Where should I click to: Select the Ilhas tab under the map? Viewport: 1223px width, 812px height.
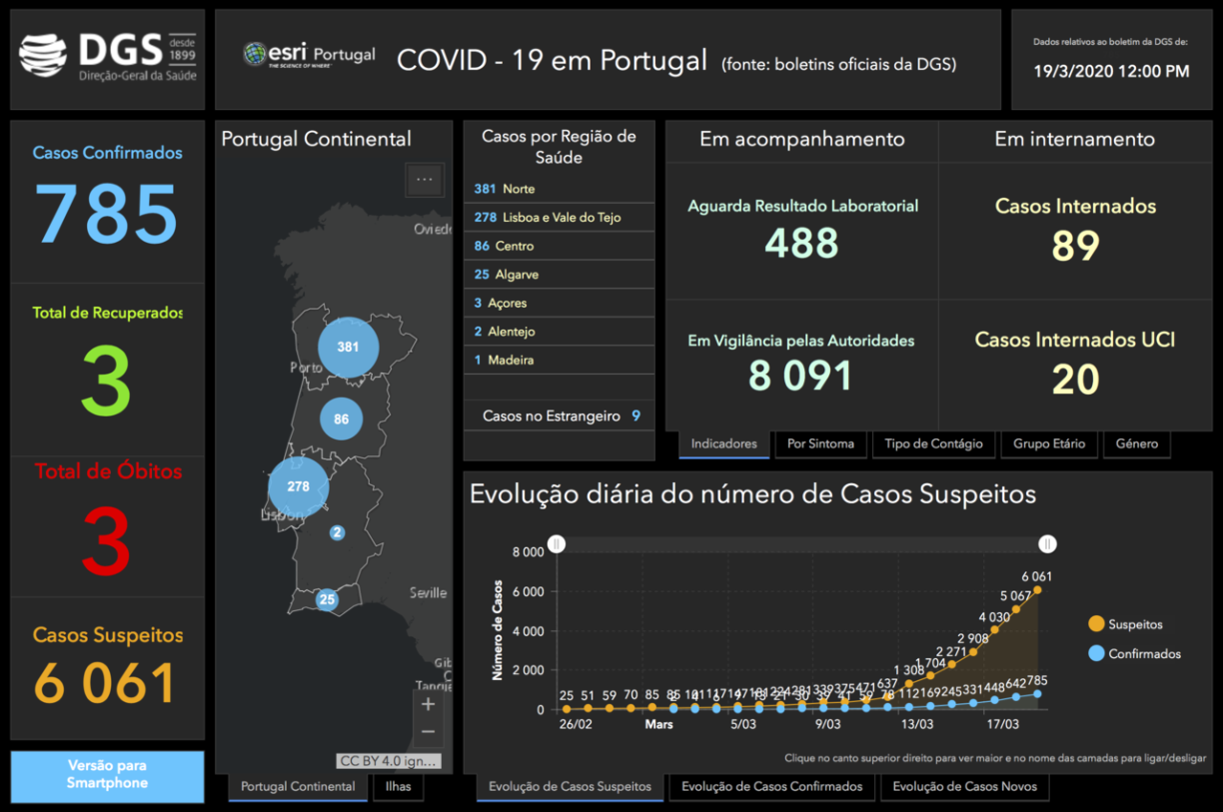coord(398,786)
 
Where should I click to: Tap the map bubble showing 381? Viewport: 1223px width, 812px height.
coord(348,348)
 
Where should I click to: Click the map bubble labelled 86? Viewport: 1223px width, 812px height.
coord(341,419)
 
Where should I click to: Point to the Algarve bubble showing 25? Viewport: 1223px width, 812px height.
coord(327,600)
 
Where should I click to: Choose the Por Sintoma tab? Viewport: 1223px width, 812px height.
coord(820,443)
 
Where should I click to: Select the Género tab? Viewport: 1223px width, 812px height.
coord(1137,443)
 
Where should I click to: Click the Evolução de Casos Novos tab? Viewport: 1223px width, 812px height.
coord(964,786)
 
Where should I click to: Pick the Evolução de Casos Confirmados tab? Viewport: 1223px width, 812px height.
coord(771,786)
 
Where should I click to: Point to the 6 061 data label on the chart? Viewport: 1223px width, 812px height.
coord(1037,576)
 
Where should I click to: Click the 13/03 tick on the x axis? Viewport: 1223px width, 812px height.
coord(917,725)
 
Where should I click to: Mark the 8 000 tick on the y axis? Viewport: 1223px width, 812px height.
coord(528,552)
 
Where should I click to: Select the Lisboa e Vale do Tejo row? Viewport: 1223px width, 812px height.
coord(559,217)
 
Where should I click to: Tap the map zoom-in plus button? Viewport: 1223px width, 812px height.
coord(428,704)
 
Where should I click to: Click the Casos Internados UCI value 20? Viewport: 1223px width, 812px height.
coord(1075,380)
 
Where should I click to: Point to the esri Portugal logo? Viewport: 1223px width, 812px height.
coord(310,55)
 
